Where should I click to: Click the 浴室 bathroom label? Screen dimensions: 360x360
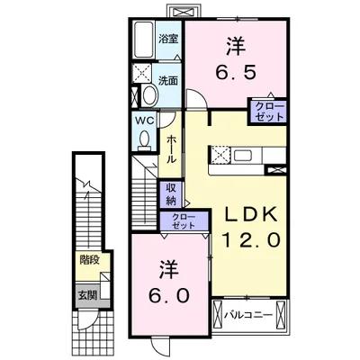click(x=168, y=39)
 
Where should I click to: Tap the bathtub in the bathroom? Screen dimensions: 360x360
click(x=144, y=40)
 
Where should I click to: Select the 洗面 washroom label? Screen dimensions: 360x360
click(x=168, y=81)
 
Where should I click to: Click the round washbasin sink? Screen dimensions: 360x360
click(x=149, y=94)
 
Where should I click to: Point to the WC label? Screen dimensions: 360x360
click(x=145, y=121)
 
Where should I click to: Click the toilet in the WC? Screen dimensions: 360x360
click(x=145, y=140)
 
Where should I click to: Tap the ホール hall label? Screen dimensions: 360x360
click(x=170, y=149)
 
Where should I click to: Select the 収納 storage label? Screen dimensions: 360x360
click(x=170, y=194)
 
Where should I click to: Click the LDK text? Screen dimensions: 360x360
click(x=251, y=215)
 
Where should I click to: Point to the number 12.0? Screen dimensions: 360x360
click(x=251, y=240)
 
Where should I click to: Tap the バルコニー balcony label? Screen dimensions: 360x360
click(x=248, y=315)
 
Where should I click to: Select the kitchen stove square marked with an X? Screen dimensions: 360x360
click(x=220, y=156)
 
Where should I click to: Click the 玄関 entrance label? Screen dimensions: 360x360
click(x=87, y=296)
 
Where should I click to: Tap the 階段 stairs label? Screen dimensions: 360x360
click(x=89, y=261)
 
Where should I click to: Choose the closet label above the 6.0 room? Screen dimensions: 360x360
click(x=184, y=220)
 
